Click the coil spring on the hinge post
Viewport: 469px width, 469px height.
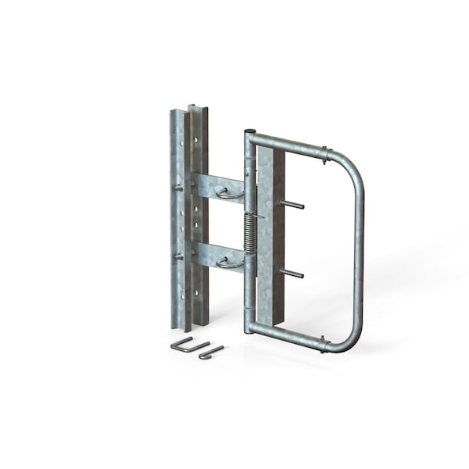(249, 233)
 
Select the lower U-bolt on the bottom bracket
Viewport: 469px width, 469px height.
(228, 263)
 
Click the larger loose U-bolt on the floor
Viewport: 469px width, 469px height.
(188, 345)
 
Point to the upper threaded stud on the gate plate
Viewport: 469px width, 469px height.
(291, 205)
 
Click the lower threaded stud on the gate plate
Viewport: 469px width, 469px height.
(291, 273)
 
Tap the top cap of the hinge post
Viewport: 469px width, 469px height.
(249, 133)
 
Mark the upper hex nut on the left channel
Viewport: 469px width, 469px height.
(179, 187)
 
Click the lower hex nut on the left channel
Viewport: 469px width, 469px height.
(179, 256)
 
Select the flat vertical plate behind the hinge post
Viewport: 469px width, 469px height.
(270, 234)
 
